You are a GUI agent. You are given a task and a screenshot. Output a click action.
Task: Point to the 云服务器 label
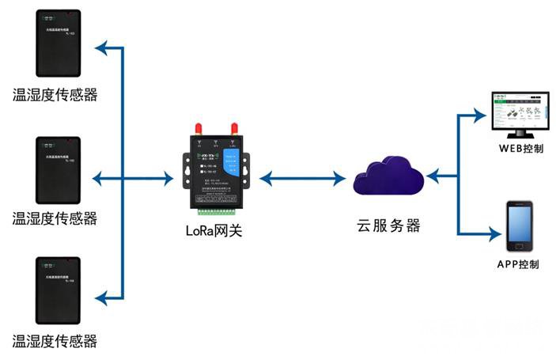tap(388, 225)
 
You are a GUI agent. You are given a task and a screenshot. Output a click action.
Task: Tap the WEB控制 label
tap(520, 148)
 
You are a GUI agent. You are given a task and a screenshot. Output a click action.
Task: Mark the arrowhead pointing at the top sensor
tap(100, 49)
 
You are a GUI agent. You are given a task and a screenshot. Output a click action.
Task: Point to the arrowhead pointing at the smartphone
tap(494, 234)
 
